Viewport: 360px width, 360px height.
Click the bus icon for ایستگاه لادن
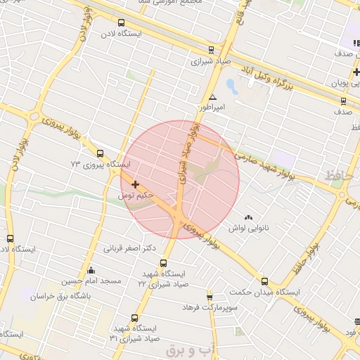[x=121, y=22]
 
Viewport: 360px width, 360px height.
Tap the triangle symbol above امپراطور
[x=212, y=98]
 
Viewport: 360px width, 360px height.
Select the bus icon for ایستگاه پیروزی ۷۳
[x=100, y=153]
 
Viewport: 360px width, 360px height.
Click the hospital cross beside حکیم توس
[x=136, y=184]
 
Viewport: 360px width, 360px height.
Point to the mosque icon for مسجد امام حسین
[x=90, y=271]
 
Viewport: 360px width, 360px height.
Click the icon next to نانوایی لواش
[x=248, y=217]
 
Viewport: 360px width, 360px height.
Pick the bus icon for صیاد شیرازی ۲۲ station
[x=164, y=263]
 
